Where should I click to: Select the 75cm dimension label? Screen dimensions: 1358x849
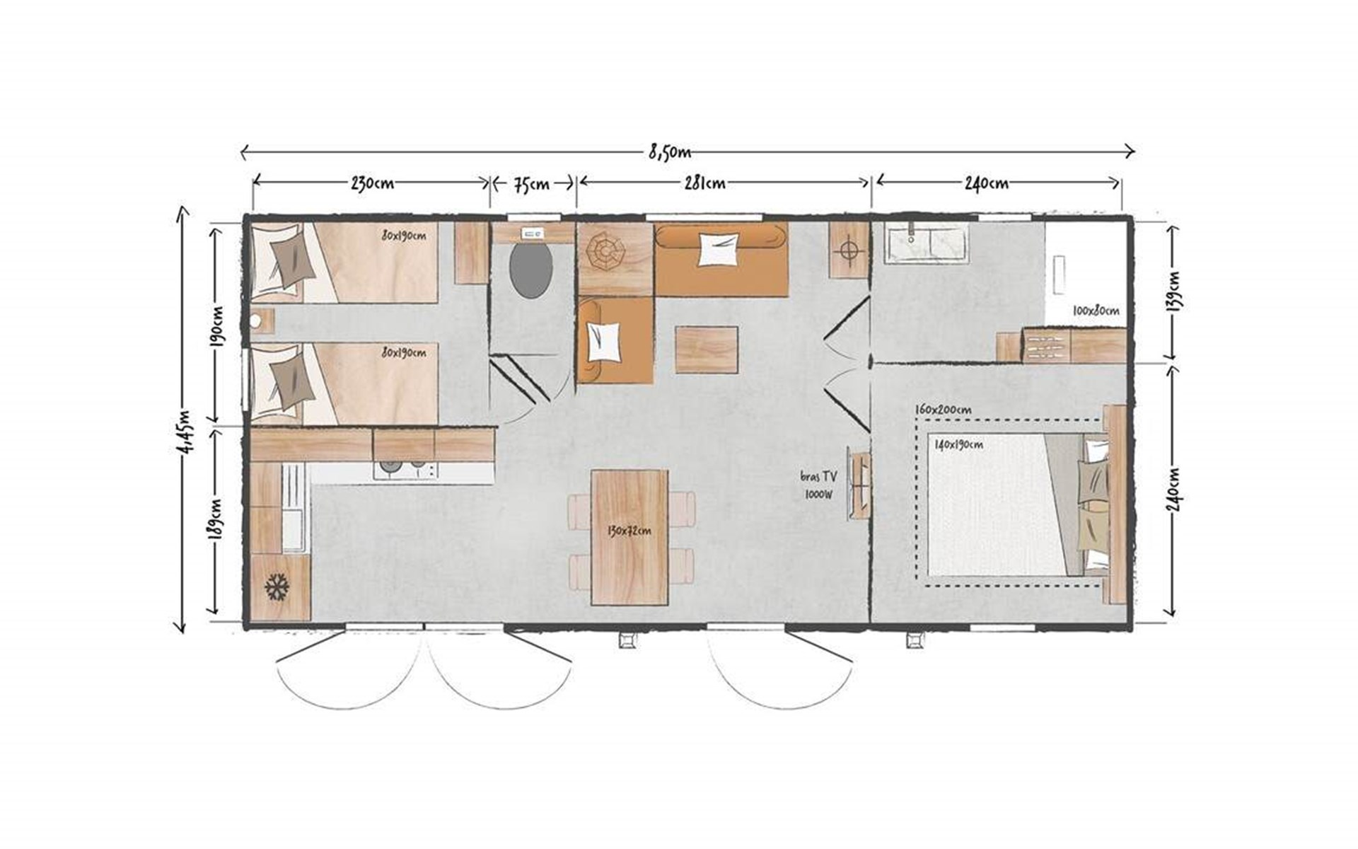[530, 184]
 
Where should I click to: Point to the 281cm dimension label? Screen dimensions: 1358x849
[705, 183]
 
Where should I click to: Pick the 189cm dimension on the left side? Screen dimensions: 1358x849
[217, 519]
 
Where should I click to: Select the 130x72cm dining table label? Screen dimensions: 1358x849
[629, 530]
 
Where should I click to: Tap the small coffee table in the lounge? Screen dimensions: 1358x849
[707, 350]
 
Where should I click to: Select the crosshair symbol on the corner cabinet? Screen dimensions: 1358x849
[849, 251]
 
